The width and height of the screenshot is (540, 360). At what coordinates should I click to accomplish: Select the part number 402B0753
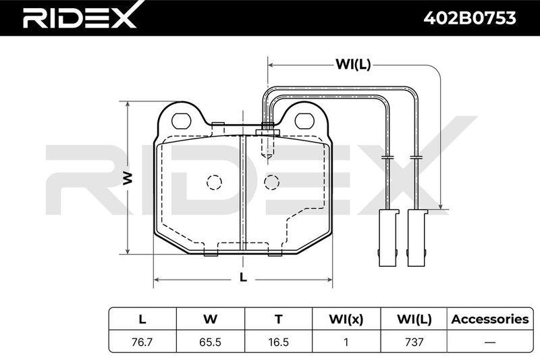(x=469, y=18)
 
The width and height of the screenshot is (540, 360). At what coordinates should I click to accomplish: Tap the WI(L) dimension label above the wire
(x=353, y=64)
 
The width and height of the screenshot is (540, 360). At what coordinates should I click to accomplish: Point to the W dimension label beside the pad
(x=128, y=178)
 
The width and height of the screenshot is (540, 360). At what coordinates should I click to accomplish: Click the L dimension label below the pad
(x=243, y=278)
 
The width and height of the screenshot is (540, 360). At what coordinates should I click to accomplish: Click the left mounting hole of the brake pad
(x=181, y=121)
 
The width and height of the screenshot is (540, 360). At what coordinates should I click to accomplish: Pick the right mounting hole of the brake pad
(x=305, y=121)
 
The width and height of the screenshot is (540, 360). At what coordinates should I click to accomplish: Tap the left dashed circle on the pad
(x=214, y=182)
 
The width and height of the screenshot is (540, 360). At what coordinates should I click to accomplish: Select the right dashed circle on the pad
(x=272, y=182)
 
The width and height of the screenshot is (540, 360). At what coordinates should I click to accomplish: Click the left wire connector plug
(x=389, y=238)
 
